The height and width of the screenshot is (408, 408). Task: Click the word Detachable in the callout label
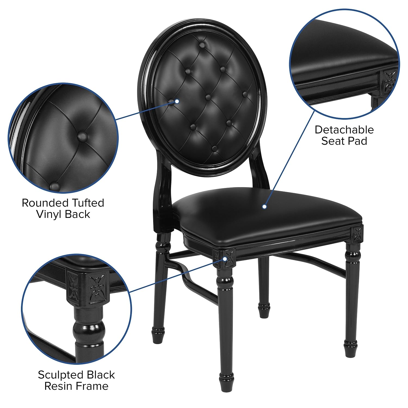[344, 130]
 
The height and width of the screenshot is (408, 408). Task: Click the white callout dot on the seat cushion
[264, 207]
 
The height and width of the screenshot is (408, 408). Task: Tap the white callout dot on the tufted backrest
[177, 101]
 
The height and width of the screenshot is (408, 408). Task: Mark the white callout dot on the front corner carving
[225, 258]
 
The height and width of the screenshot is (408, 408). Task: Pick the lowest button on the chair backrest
[215, 148]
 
